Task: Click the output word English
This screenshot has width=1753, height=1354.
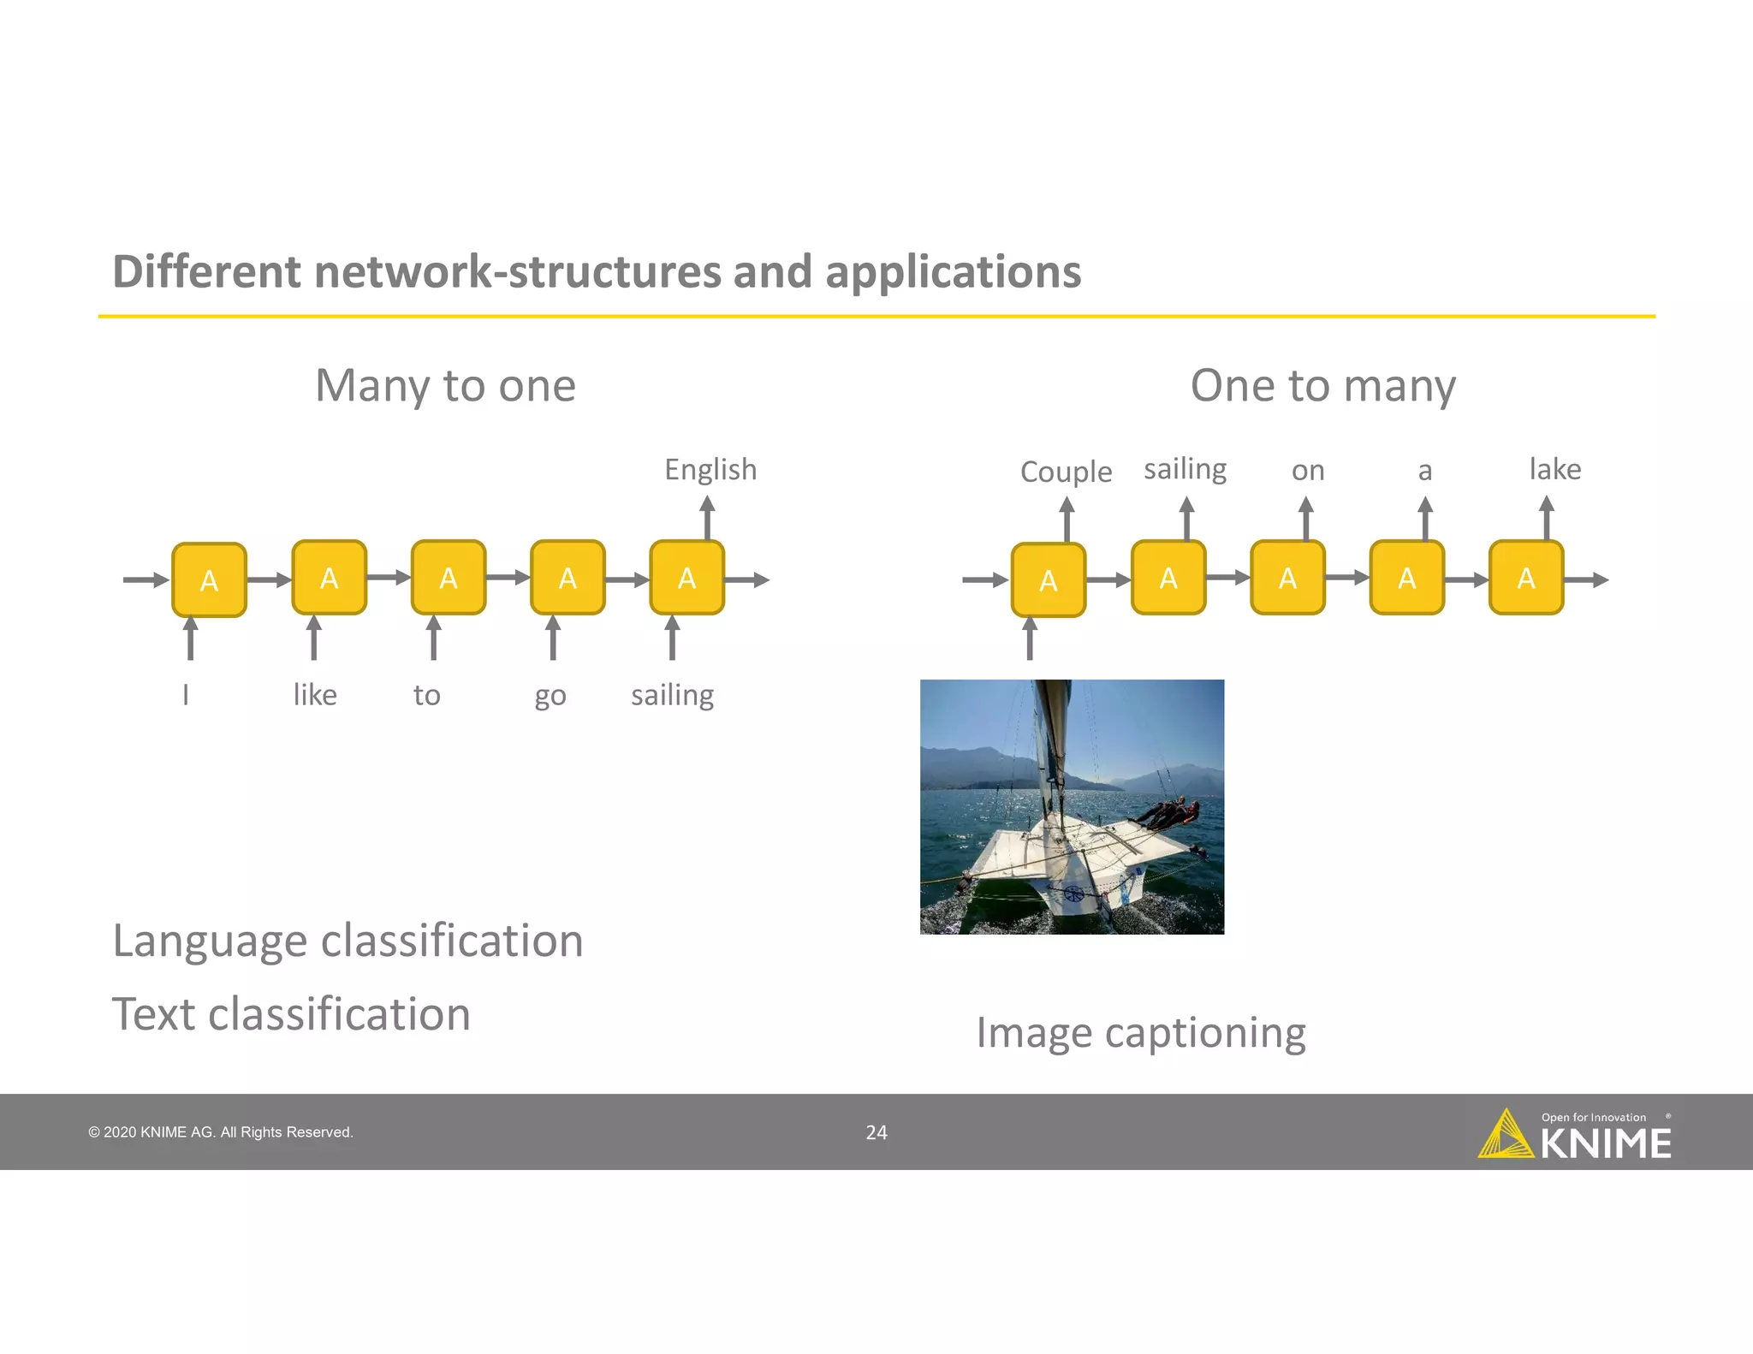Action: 710,470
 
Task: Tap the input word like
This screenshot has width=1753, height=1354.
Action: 314,694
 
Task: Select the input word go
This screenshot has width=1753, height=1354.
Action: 550,696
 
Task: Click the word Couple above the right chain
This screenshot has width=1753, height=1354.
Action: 1066,472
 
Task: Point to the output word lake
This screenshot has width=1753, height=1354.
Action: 1554,469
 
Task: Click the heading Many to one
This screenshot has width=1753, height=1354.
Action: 445,385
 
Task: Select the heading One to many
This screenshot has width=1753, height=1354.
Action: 1322,385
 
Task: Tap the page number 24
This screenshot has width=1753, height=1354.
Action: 876,1132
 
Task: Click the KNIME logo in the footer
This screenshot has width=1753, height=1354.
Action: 1574,1136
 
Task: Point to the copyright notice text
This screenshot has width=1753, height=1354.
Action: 221,1132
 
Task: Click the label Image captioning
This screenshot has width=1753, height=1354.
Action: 1140,1033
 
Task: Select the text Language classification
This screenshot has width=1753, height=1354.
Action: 348,941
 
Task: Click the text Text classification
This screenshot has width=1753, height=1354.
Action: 291,1014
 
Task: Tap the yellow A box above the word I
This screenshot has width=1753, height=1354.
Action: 209,580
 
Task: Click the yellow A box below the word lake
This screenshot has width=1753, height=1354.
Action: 1525,578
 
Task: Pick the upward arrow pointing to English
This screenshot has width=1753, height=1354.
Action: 707,519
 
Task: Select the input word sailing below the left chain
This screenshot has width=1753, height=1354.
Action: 672,695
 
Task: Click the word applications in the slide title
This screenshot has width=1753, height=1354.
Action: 953,271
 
